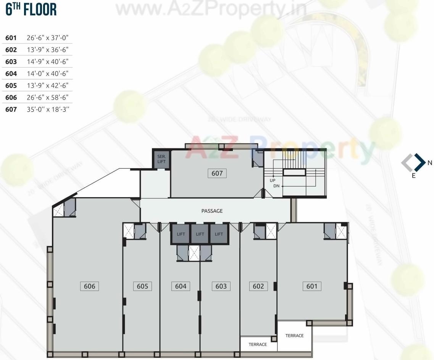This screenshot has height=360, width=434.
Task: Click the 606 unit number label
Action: pos(89,286)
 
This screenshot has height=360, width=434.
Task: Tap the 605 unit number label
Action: pos(142,286)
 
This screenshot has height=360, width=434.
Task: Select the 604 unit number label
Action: pos(181,286)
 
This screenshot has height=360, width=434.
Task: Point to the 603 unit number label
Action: pos(221,286)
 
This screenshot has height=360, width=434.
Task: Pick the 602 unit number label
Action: pos(258,286)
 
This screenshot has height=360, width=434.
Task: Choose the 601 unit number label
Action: pos(312,286)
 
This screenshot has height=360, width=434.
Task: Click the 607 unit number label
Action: pos(217,173)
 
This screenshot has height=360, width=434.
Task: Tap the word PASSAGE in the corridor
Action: pos(212,211)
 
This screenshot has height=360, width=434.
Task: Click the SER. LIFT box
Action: pos(161,159)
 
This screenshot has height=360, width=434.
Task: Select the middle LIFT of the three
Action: pos(200,234)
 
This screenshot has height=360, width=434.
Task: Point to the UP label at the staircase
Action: pos(273,180)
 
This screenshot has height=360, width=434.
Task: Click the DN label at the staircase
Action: pos(277,186)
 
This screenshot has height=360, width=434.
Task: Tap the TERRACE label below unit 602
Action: pos(258,344)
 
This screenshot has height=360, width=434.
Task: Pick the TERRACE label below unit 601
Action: pos(294,336)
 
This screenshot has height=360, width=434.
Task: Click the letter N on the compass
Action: pos(430,163)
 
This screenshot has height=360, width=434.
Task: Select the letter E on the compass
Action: pos(414,176)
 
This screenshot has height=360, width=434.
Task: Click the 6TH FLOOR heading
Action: pos(31,10)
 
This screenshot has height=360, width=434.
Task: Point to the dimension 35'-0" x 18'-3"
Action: pos(48,109)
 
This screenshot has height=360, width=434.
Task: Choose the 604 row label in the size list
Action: pos(11,74)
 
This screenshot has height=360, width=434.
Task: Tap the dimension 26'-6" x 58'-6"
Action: pos(48,97)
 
